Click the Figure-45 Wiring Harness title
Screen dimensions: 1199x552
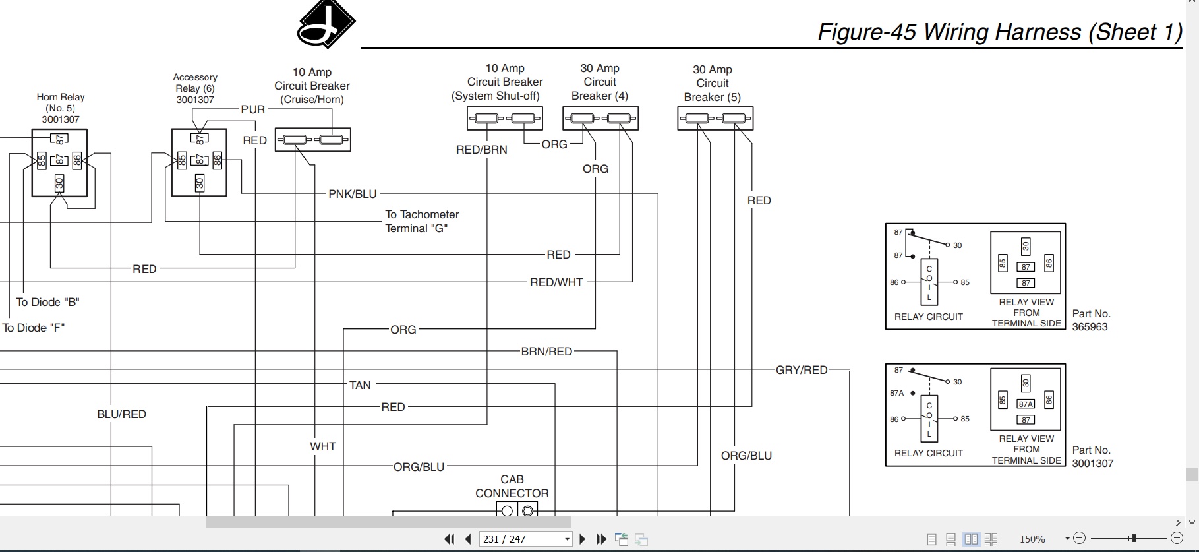click(x=1000, y=32)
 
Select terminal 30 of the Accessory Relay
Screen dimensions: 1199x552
click(x=200, y=183)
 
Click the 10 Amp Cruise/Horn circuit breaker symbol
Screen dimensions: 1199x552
click(x=312, y=140)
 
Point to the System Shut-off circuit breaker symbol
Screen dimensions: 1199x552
click(x=505, y=119)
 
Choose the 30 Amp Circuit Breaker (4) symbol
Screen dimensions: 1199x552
click(x=600, y=119)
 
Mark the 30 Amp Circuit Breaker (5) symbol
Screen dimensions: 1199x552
click(x=715, y=119)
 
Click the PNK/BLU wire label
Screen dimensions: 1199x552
click(x=353, y=194)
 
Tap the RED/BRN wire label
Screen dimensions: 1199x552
click(x=482, y=150)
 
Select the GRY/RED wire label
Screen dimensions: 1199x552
click(x=802, y=370)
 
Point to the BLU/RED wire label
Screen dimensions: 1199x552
click(x=122, y=414)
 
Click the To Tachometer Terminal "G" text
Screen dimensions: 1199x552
click(x=423, y=222)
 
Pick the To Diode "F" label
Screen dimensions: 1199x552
click(x=34, y=328)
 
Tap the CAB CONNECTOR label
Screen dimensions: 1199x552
click(x=512, y=486)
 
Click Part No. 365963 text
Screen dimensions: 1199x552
click(x=1092, y=321)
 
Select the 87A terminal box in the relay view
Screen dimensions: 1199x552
click(x=1026, y=404)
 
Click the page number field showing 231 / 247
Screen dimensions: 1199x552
click(x=526, y=539)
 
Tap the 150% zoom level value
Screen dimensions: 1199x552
click(x=1033, y=539)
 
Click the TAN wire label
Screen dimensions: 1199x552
click(x=360, y=385)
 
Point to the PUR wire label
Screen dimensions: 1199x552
click(x=253, y=109)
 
